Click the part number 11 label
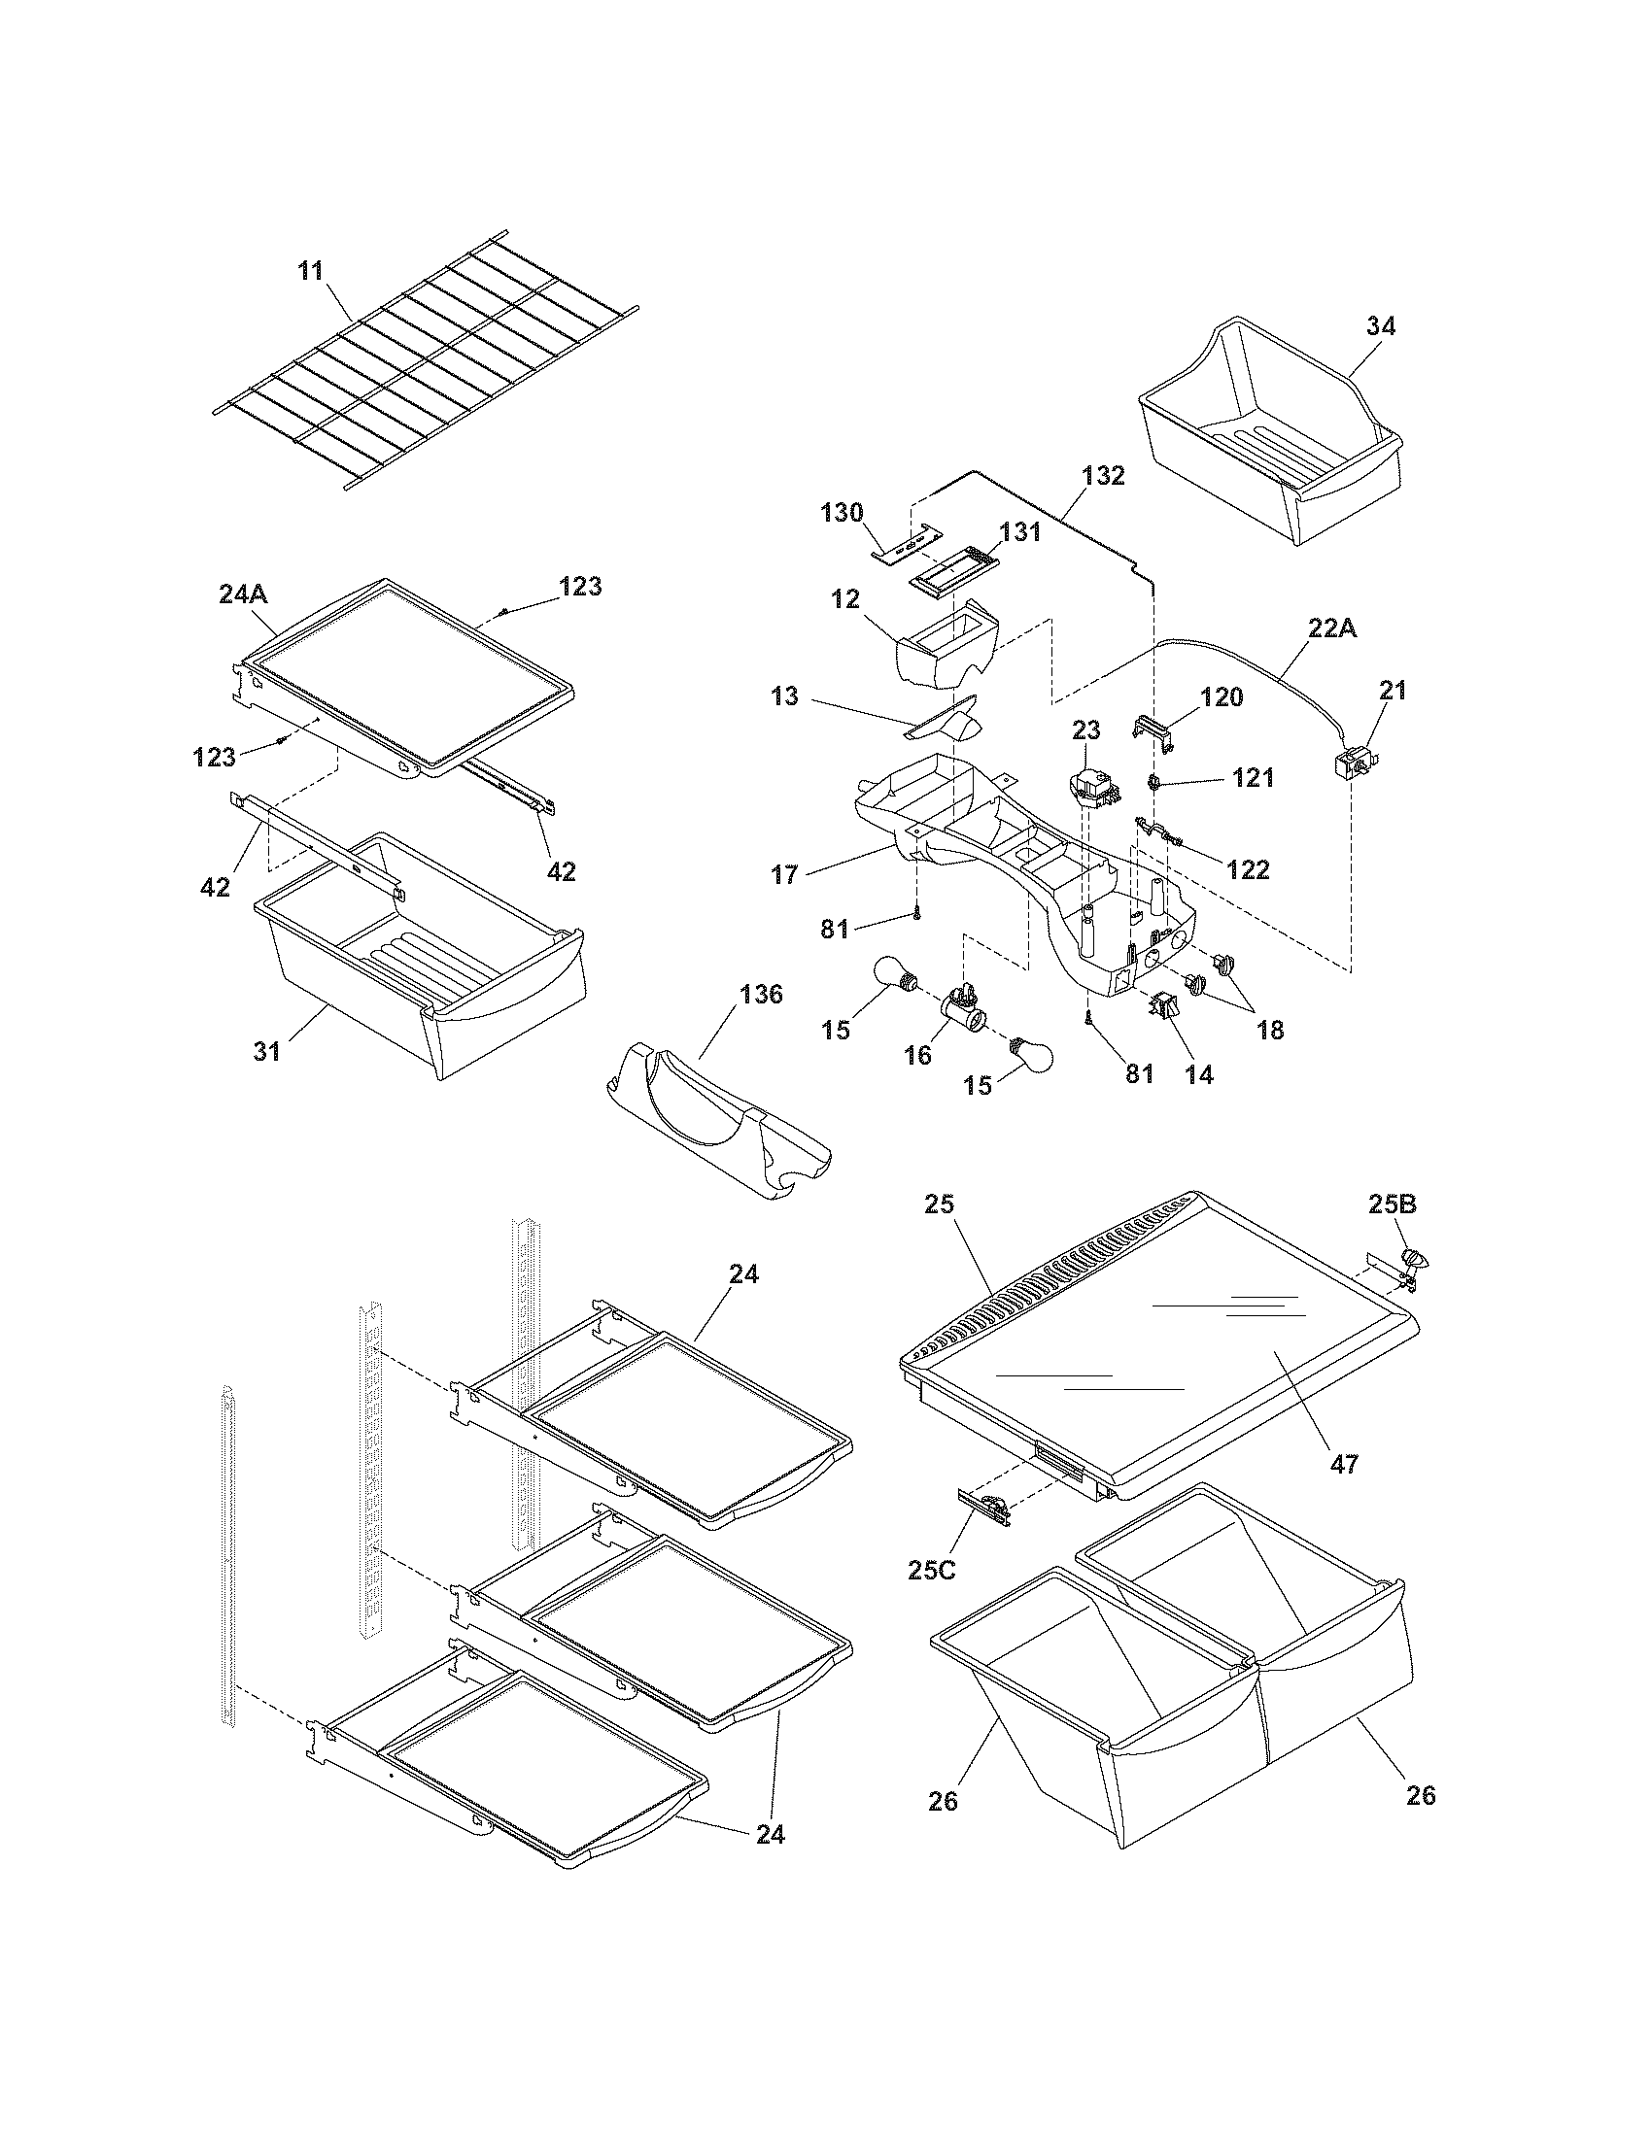pyautogui.click(x=310, y=271)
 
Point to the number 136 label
pyautogui.click(x=761, y=995)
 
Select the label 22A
pyautogui.click(x=1333, y=629)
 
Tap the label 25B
pyautogui.click(x=1392, y=1205)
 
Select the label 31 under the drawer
pyautogui.click(x=267, y=1052)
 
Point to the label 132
pyautogui.click(x=1103, y=477)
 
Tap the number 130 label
pyautogui.click(x=843, y=512)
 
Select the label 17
pyautogui.click(x=785, y=874)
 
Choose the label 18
pyautogui.click(x=1270, y=1030)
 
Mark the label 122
pyautogui.click(x=1248, y=869)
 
